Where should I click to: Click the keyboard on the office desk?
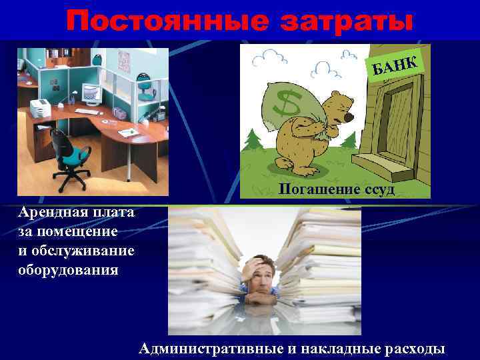(87, 111)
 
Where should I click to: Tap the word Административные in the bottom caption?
(213, 348)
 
